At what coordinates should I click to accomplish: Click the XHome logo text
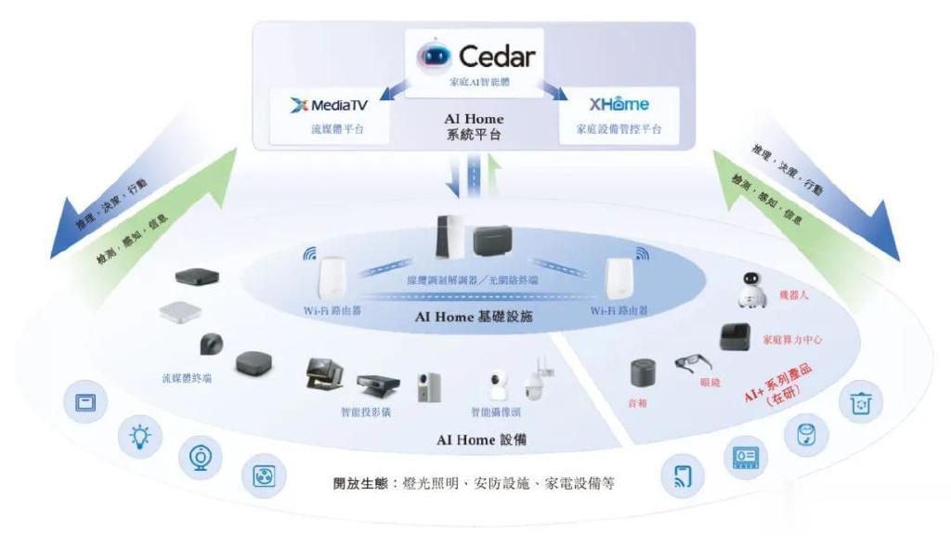pyautogui.click(x=619, y=106)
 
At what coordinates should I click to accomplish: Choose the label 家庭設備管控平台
pyautogui.click(x=619, y=129)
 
